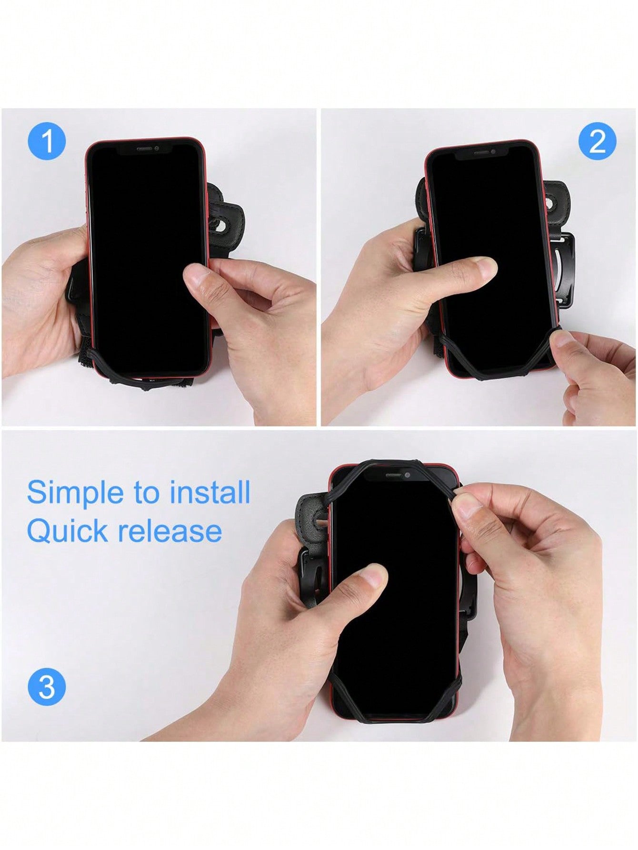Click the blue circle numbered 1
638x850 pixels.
tap(47, 141)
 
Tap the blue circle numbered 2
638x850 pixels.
tap(597, 141)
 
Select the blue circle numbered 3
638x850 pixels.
tap(47, 687)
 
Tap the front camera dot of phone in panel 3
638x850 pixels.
tap(407, 475)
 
